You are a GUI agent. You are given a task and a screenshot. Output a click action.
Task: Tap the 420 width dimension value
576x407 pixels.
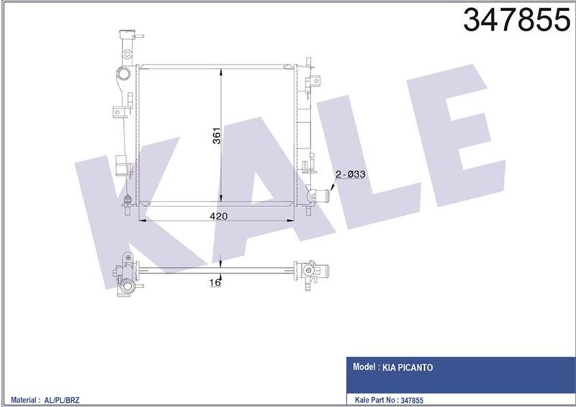[x=220, y=216]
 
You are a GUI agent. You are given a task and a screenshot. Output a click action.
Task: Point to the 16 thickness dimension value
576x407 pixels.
[x=214, y=283]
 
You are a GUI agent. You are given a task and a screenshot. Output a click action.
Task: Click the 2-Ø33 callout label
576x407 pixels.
[x=349, y=173]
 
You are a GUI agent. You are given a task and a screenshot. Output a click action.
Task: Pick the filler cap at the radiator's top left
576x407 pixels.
[x=127, y=36]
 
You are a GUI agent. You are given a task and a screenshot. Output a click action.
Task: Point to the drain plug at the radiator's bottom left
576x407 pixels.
[x=127, y=200]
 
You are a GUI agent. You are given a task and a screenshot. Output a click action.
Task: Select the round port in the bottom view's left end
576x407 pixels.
[x=127, y=288]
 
